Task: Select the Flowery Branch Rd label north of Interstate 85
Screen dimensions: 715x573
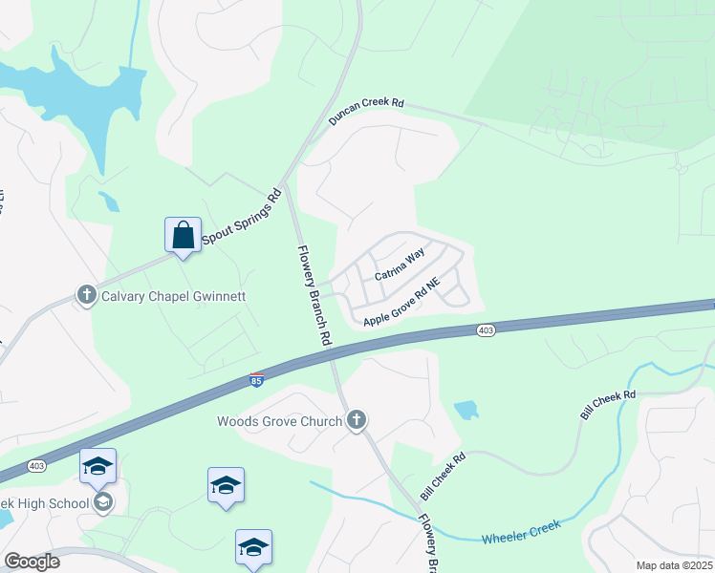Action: point(314,295)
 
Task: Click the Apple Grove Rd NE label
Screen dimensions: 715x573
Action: point(401,302)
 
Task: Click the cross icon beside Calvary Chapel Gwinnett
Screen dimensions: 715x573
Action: point(87,295)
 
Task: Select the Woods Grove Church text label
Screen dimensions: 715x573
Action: point(280,421)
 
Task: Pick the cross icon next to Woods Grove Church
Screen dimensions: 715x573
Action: point(357,420)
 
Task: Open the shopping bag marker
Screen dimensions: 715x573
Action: point(183,235)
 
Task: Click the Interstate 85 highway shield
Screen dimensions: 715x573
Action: point(256,381)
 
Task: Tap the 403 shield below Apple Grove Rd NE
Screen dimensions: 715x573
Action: point(487,330)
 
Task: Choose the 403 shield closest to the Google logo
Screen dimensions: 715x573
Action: point(36,465)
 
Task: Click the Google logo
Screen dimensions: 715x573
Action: point(32,562)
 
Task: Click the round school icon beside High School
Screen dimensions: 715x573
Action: point(103,502)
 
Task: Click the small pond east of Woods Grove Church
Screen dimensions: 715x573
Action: point(466,410)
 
